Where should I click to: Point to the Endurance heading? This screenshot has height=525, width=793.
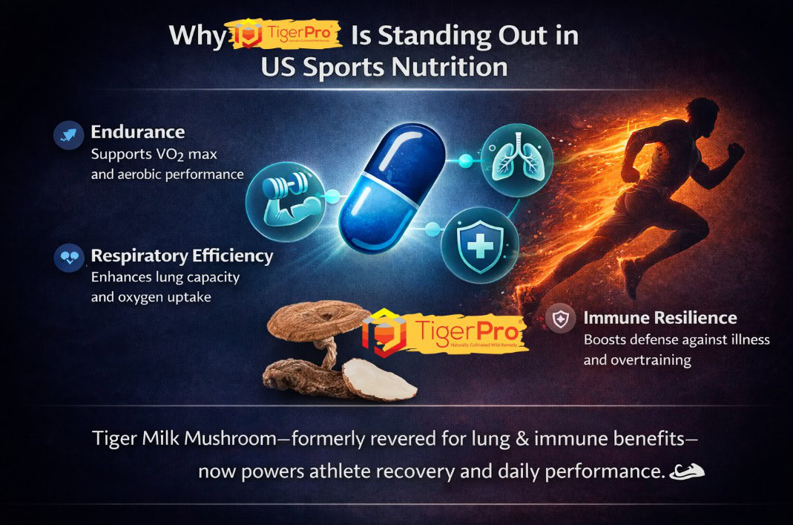coord(137,132)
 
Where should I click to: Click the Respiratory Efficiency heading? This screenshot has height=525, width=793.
coord(182,256)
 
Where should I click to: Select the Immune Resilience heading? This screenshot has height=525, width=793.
coord(659,318)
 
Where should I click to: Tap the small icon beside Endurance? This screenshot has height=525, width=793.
coord(69,135)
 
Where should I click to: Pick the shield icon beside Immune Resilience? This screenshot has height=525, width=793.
coord(560,319)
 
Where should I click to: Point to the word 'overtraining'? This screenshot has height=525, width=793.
coord(648,360)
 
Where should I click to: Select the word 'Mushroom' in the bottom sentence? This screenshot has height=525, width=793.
coord(237,439)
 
